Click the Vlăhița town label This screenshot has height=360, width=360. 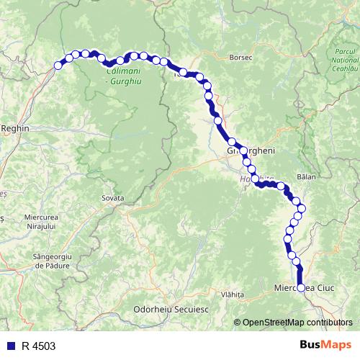233,294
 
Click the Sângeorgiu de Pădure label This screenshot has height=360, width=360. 51,260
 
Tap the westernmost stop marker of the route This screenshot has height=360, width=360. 58,66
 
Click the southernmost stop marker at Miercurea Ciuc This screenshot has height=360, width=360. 301,288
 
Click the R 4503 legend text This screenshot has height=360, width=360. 38,346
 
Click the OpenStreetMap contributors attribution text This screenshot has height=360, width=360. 297,322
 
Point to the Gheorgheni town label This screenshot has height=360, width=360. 247,152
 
